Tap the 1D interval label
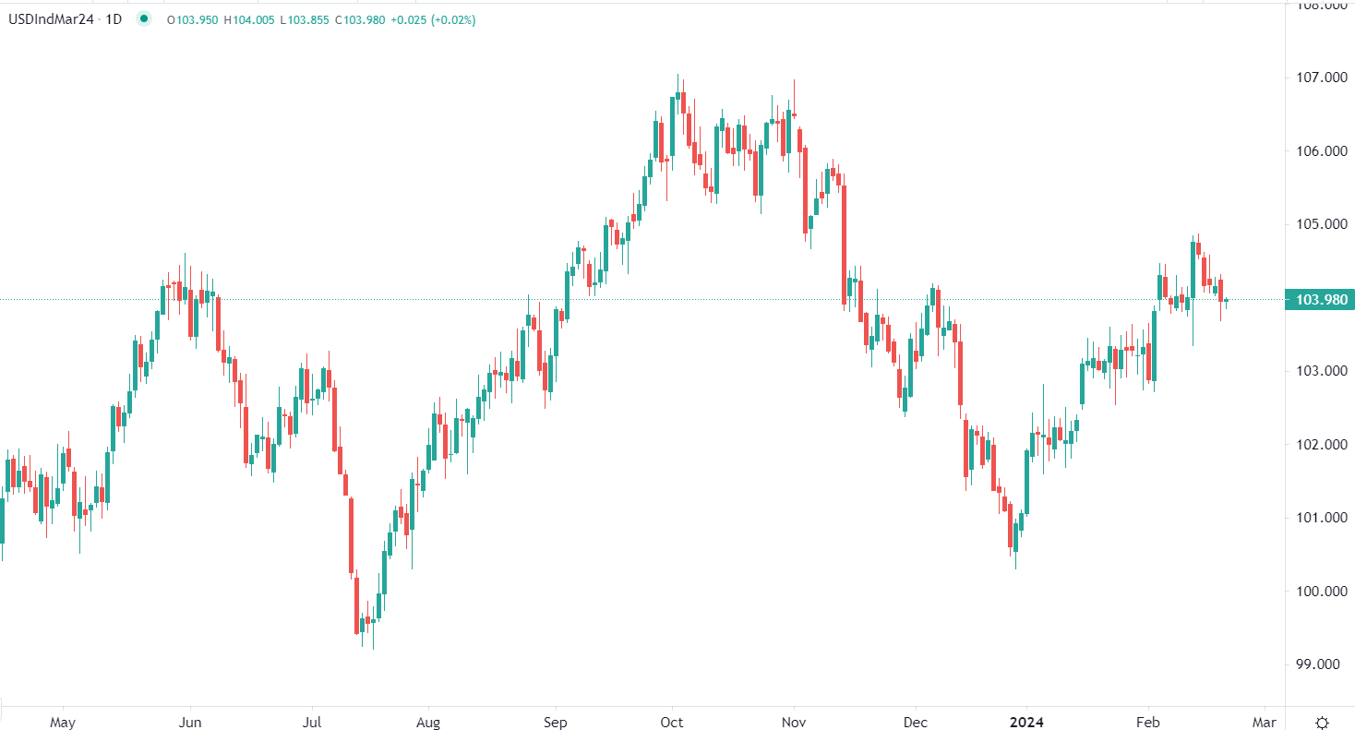click(114, 19)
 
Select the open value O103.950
click(192, 19)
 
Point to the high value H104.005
click(249, 19)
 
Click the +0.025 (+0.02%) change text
click(434, 19)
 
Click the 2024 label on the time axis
click(1025, 722)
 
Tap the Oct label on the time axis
click(672, 722)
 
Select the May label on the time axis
click(62, 722)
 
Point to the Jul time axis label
click(312, 722)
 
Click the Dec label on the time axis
click(916, 722)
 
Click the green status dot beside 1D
click(143, 19)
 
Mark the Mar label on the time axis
click(1264, 722)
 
